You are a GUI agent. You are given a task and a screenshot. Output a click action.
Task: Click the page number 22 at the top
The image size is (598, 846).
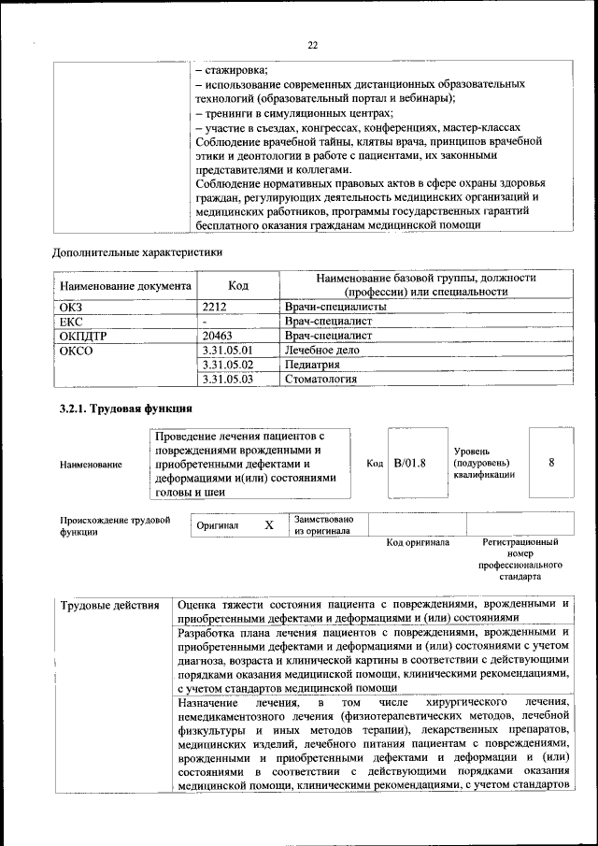313,45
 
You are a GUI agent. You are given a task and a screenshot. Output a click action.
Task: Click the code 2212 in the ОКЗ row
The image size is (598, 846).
215,307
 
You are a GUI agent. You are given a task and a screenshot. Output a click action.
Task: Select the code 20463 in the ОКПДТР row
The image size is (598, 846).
218,335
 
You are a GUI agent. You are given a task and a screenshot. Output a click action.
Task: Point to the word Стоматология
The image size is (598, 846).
320,380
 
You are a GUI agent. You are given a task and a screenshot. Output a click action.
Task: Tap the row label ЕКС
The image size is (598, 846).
71,321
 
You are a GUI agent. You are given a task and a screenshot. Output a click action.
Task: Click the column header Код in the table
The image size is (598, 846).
237,285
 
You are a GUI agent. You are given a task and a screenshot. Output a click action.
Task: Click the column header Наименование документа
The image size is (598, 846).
125,285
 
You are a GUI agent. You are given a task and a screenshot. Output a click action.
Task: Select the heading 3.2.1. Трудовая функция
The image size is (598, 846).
126,409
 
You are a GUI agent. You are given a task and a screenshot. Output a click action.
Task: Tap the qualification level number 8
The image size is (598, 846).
551,463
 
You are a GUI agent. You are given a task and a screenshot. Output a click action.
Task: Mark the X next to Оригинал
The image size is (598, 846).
269,525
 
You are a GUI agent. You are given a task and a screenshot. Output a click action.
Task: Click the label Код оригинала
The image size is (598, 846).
418,542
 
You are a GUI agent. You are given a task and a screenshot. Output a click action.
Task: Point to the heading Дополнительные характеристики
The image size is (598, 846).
137,252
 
